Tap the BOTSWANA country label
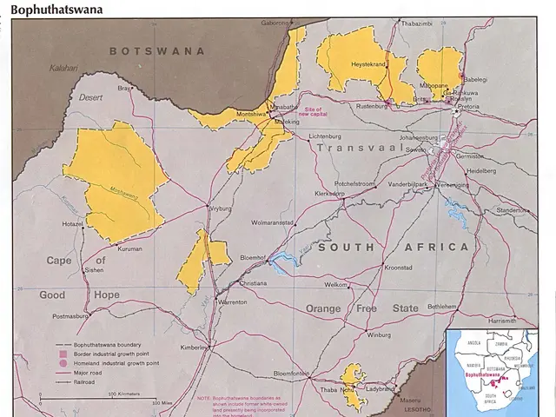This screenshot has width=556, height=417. click(x=157, y=51)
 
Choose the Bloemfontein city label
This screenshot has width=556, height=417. click(x=292, y=374)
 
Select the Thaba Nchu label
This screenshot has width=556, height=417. click(x=337, y=390)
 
